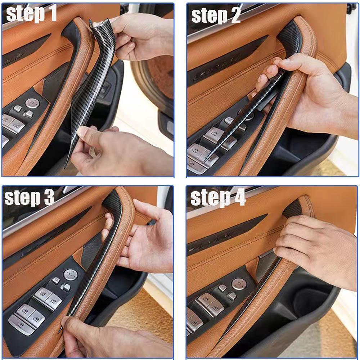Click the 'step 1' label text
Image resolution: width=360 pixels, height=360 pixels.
[31, 14]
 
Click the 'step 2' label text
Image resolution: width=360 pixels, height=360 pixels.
[216, 15]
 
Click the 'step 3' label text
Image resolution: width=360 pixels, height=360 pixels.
[29, 197]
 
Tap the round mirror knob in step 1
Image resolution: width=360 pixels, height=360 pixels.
[32, 103]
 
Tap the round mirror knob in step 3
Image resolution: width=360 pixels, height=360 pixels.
[71, 275]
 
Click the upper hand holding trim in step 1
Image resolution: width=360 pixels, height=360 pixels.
[140, 37]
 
